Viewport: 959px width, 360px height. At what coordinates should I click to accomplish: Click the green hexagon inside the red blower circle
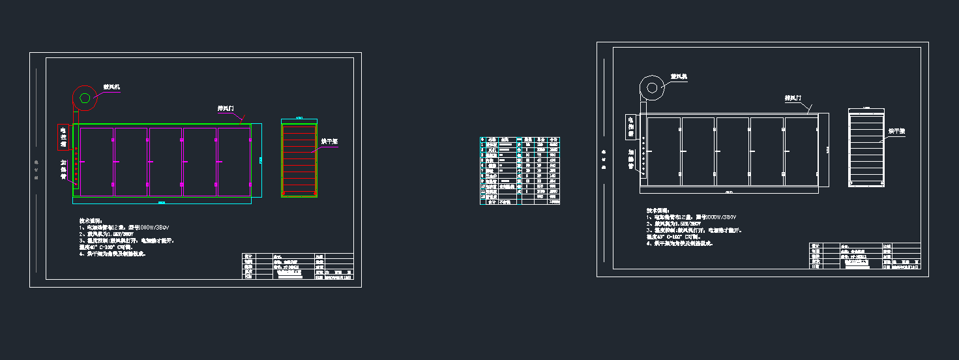85,98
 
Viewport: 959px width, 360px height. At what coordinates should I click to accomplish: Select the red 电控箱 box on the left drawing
63,137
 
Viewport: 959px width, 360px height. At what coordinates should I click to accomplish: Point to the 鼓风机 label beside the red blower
111,87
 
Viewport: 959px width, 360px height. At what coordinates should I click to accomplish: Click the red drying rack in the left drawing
299,160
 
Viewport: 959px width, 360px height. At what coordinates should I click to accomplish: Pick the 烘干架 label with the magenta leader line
329,141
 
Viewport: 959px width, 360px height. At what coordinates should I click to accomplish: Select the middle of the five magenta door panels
166,162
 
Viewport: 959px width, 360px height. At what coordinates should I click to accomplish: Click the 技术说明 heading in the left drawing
90,220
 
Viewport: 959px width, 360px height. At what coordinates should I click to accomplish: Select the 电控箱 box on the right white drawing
630,127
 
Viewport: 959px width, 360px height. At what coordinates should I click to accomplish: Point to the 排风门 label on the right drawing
793,98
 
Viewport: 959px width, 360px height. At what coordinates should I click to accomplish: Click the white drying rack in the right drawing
866,147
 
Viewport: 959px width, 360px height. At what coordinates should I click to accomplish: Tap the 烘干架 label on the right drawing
897,131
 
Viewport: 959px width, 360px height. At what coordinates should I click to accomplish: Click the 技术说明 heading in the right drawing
657,211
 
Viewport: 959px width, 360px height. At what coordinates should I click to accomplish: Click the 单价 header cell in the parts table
541,140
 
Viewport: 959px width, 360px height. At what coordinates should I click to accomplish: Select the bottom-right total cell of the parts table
554,202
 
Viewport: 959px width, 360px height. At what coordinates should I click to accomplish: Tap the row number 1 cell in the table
482,145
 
